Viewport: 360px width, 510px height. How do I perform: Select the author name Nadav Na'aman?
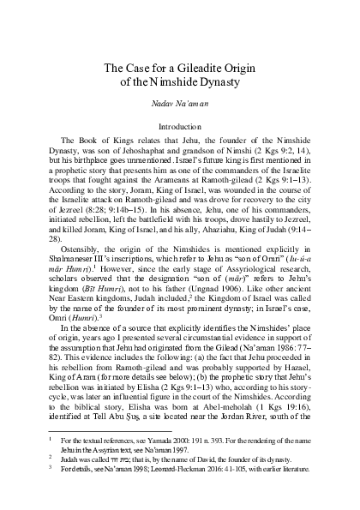tap(179, 105)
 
